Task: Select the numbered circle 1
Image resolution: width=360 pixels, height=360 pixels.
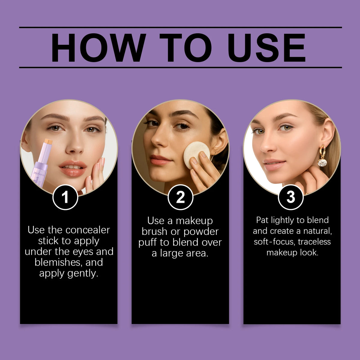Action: (x=65, y=197)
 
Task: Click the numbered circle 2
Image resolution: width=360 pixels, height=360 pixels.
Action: (x=180, y=197)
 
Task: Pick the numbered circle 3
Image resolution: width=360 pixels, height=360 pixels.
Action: (x=291, y=197)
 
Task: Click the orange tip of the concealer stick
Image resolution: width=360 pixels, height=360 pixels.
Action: (x=48, y=141)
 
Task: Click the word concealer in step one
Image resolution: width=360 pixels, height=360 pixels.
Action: (x=88, y=230)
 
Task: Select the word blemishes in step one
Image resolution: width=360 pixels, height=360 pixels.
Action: (x=58, y=262)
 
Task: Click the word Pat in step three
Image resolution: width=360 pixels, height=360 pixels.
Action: (x=262, y=220)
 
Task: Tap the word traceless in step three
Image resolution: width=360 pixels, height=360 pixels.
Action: (x=314, y=242)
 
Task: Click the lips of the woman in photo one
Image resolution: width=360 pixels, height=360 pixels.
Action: (x=72, y=168)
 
